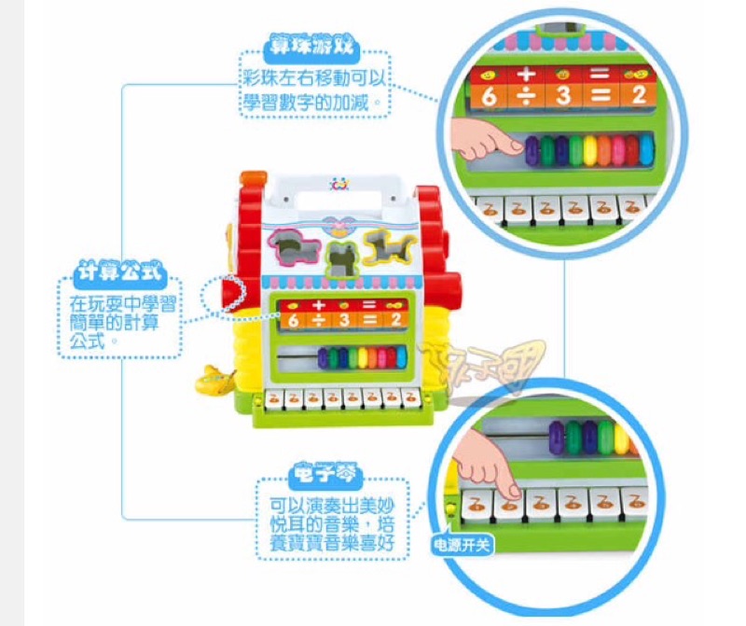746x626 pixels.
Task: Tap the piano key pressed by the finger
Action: (x=509, y=502)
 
